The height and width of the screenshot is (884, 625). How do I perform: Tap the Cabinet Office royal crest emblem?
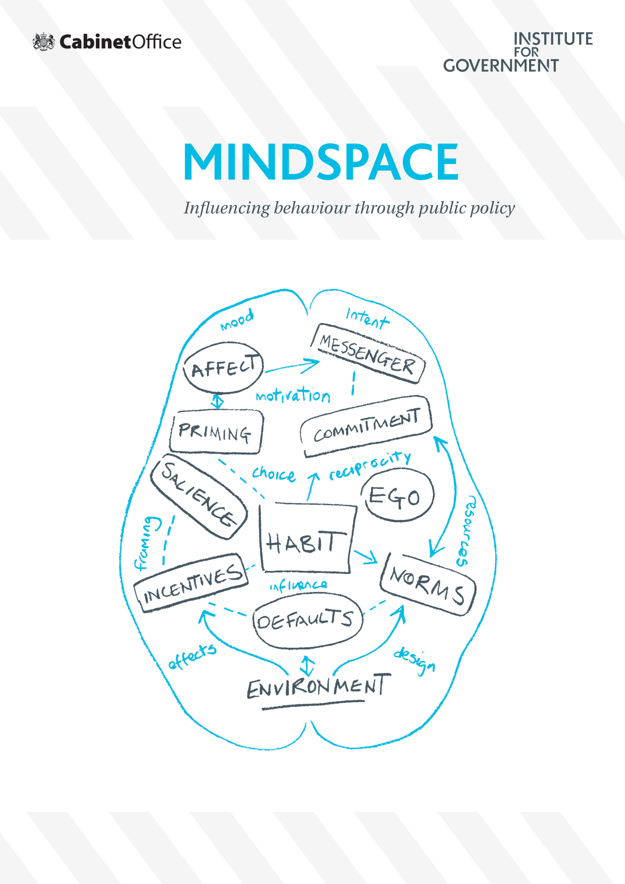coord(44,41)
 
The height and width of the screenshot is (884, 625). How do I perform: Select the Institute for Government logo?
coord(518,52)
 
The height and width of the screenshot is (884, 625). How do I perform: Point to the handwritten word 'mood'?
coord(237,320)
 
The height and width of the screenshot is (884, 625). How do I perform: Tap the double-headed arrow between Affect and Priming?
coord(217,401)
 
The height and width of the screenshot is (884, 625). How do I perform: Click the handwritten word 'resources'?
coord(466,531)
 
